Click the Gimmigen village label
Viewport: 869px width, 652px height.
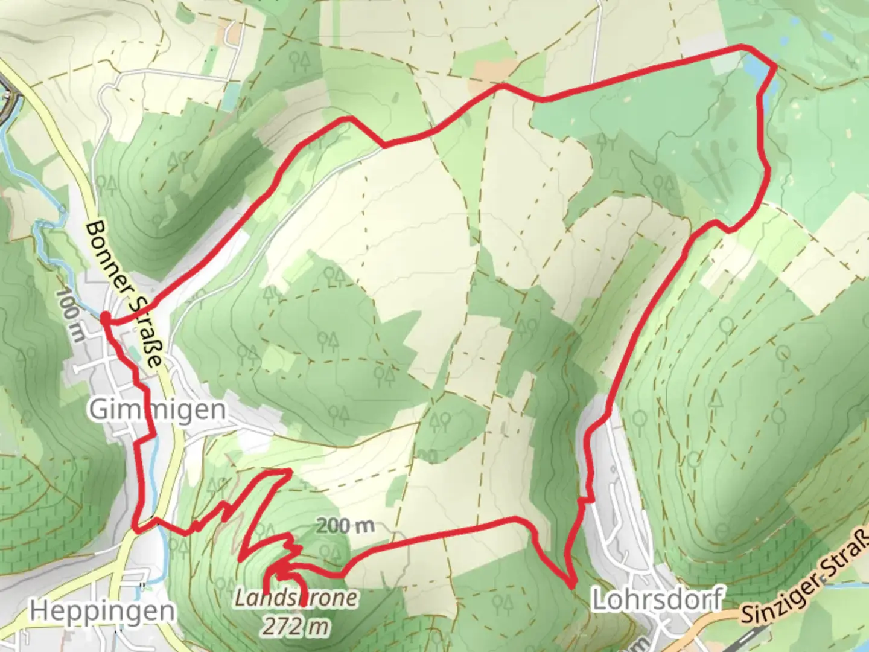coord(158,410)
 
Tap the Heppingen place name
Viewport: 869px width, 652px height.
coord(103,611)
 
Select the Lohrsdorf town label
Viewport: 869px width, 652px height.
coord(657,599)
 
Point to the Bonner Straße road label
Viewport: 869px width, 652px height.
coord(124,294)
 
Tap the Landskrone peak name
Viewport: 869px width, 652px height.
coord(296,598)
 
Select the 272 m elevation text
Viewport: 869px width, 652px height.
coord(296,626)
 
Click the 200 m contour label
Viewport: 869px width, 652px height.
coord(345,525)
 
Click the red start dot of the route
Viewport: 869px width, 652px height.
coord(105,318)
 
